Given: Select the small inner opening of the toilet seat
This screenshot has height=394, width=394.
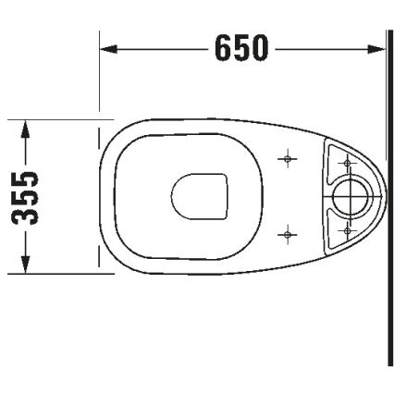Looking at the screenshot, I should point(200,197).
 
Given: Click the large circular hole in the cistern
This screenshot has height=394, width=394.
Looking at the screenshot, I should point(351,196).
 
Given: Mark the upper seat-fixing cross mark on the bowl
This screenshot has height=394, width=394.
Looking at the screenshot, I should point(289,160).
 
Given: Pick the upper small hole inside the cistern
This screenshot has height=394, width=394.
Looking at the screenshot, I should point(347,164).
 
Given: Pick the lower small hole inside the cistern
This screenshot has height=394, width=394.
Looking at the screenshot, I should point(347,228).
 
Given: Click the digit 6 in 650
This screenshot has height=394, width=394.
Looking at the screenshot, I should point(223,47).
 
